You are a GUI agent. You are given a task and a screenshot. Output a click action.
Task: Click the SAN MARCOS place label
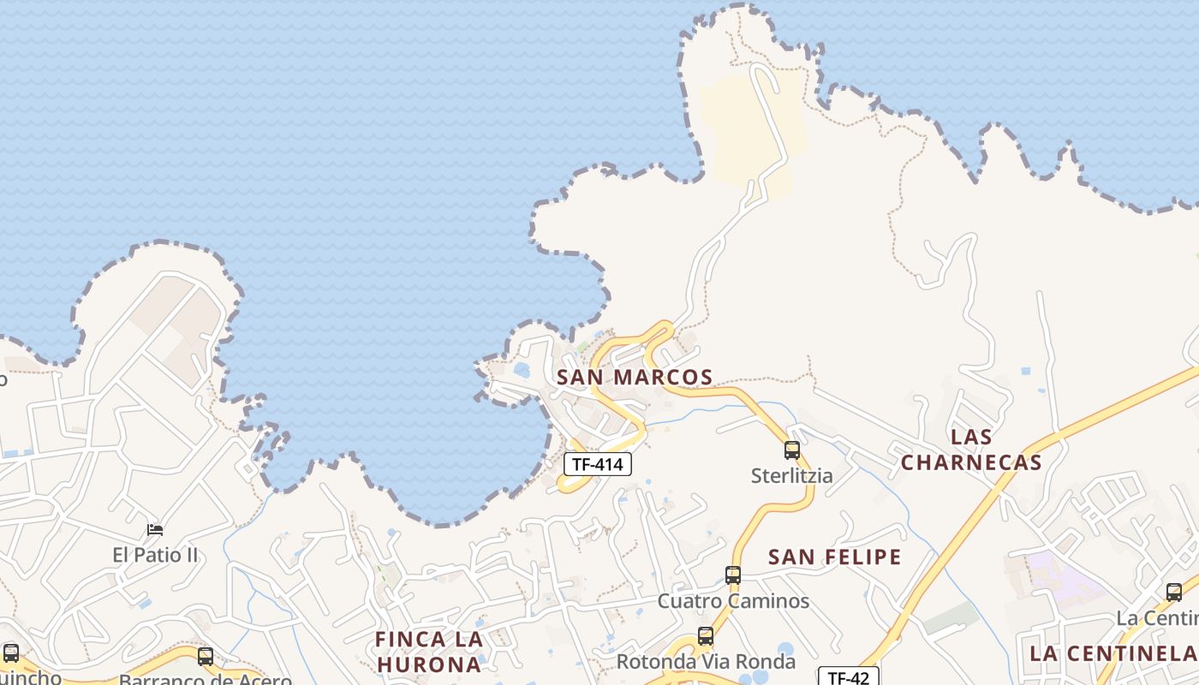[635, 377]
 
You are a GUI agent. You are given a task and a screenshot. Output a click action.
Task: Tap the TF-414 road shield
[598, 464]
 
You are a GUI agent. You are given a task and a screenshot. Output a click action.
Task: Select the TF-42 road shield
[848, 677]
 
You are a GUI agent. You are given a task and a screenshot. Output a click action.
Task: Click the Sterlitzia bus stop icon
[792, 450]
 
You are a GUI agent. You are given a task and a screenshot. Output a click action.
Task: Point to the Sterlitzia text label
[791, 475]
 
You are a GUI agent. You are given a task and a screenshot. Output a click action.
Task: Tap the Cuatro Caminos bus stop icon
[733, 575]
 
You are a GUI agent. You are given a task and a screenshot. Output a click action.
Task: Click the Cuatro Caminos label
[733, 600]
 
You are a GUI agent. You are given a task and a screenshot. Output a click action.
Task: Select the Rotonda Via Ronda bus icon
[706, 636]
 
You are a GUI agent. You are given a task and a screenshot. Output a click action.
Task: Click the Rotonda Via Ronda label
[706, 662]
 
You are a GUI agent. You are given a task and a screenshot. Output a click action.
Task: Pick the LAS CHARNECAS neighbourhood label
[971, 450]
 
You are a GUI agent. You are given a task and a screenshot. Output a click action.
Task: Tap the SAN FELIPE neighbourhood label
[834, 557]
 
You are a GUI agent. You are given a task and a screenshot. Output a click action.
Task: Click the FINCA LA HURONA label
[429, 652]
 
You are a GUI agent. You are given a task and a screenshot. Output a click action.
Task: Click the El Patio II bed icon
[155, 530]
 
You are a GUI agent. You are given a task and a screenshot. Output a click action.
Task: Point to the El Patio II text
[155, 555]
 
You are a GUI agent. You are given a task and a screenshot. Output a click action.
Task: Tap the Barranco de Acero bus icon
[206, 657]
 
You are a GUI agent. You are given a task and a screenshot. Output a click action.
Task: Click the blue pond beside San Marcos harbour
[522, 370]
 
